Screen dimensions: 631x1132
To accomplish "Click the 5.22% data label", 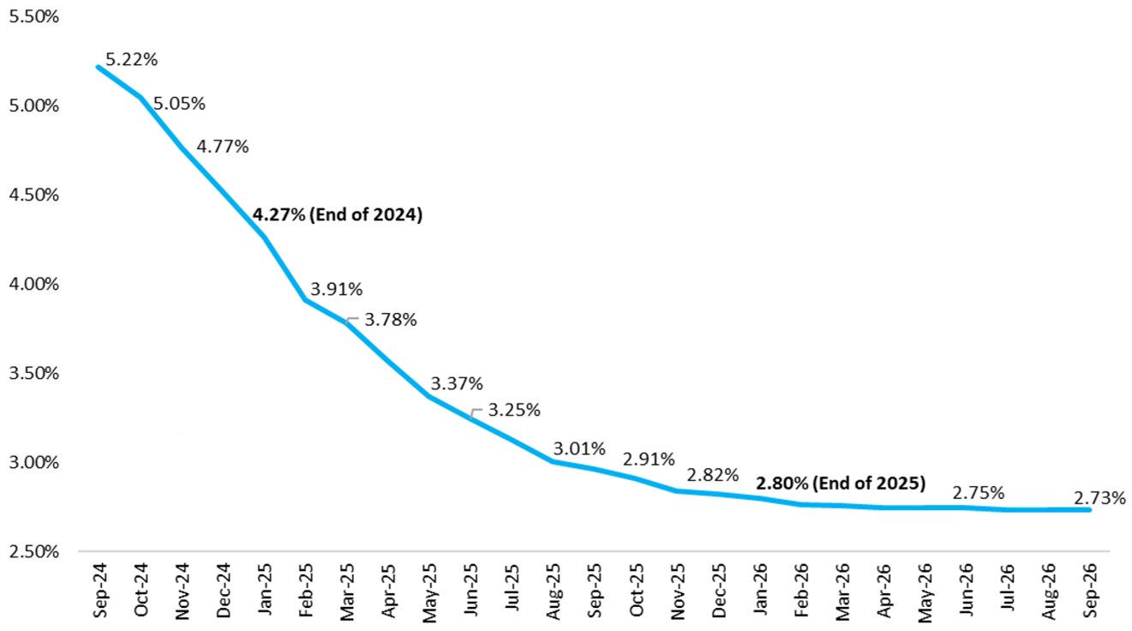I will [131, 60].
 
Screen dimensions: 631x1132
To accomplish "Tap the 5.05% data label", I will [179, 104].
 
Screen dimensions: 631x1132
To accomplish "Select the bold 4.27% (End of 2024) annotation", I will [338, 215].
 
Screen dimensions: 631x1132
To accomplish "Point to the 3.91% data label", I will [336, 290].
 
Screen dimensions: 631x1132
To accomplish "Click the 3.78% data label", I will [391, 320].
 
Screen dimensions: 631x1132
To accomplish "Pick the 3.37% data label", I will [457, 382].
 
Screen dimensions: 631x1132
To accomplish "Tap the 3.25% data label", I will [514, 410].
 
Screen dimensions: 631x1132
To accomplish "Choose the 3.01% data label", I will [579, 448].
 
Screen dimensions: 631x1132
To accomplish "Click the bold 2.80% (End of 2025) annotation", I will [840, 483].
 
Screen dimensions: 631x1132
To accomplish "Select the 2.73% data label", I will [1099, 497].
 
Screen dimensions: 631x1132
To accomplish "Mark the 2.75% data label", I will [979, 494].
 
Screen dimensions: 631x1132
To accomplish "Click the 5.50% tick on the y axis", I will [32, 16].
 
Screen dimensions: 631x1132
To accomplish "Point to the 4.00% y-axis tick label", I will [32, 284].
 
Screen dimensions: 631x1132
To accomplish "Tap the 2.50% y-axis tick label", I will [32, 551].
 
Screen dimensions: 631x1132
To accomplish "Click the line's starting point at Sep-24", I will [98, 67].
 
